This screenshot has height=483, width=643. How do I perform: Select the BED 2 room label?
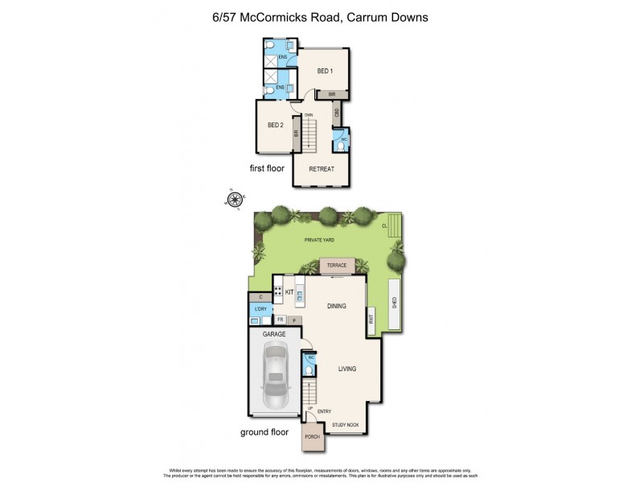pyautogui.click(x=275, y=125)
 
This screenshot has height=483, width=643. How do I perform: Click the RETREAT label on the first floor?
pyautogui.click(x=321, y=169)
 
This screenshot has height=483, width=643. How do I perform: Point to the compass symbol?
pyautogui.click(x=235, y=200)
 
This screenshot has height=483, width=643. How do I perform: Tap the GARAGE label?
pyautogui.click(x=275, y=332)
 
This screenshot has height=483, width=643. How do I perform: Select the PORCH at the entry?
pyautogui.click(x=312, y=437)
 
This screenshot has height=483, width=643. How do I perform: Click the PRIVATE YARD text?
pyautogui.click(x=320, y=240)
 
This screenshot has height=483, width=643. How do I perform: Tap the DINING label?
pyautogui.click(x=337, y=306)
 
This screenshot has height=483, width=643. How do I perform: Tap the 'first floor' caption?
pyautogui.click(x=268, y=168)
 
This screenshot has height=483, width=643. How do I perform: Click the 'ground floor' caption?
pyautogui.click(x=265, y=432)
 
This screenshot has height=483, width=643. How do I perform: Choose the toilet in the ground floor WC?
pyautogui.click(x=309, y=371)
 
